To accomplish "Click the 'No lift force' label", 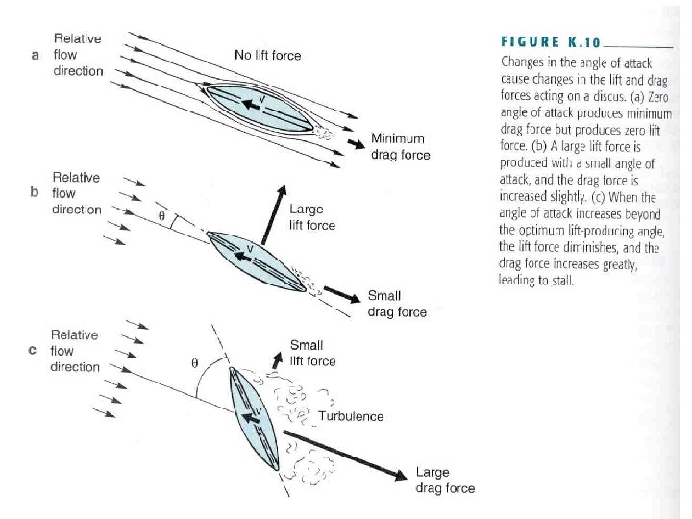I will click(x=267, y=55).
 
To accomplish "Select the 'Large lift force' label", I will click(x=312, y=216).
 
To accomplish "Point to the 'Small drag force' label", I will click(x=397, y=304).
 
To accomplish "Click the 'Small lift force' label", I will click(x=312, y=353).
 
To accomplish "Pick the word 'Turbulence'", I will click(x=351, y=416).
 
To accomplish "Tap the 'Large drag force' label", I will click(x=445, y=481).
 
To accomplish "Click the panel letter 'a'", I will click(x=35, y=55).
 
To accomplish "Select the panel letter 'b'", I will click(x=35, y=192).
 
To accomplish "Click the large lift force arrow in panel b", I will click(x=270, y=211).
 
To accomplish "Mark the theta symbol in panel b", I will click(x=161, y=216).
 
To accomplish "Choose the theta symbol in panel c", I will click(x=195, y=364).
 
